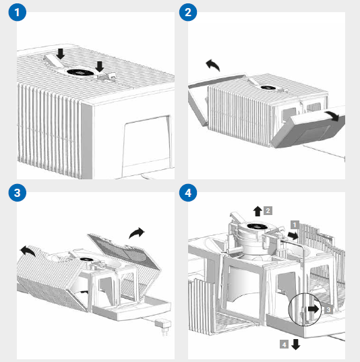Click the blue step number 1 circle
(x=18, y=12)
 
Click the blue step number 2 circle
(x=188, y=12)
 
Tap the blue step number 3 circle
(x=18, y=193)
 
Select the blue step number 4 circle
(x=188, y=193)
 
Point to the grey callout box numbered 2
(x=268, y=210)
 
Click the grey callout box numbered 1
(x=295, y=224)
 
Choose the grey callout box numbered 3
(x=328, y=309)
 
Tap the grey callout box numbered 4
(x=284, y=344)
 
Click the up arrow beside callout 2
(x=258, y=211)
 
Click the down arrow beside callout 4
(x=296, y=344)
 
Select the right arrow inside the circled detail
(x=313, y=309)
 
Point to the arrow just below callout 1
(x=293, y=236)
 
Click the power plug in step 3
(x=163, y=325)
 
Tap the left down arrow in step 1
(x=61, y=54)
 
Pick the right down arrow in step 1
(x=100, y=67)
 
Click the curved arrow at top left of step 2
(x=213, y=65)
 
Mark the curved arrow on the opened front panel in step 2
(x=332, y=115)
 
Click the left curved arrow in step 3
(x=28, y=251)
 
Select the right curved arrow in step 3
(x=136, y=233)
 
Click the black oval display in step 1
(x=81, y=72)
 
